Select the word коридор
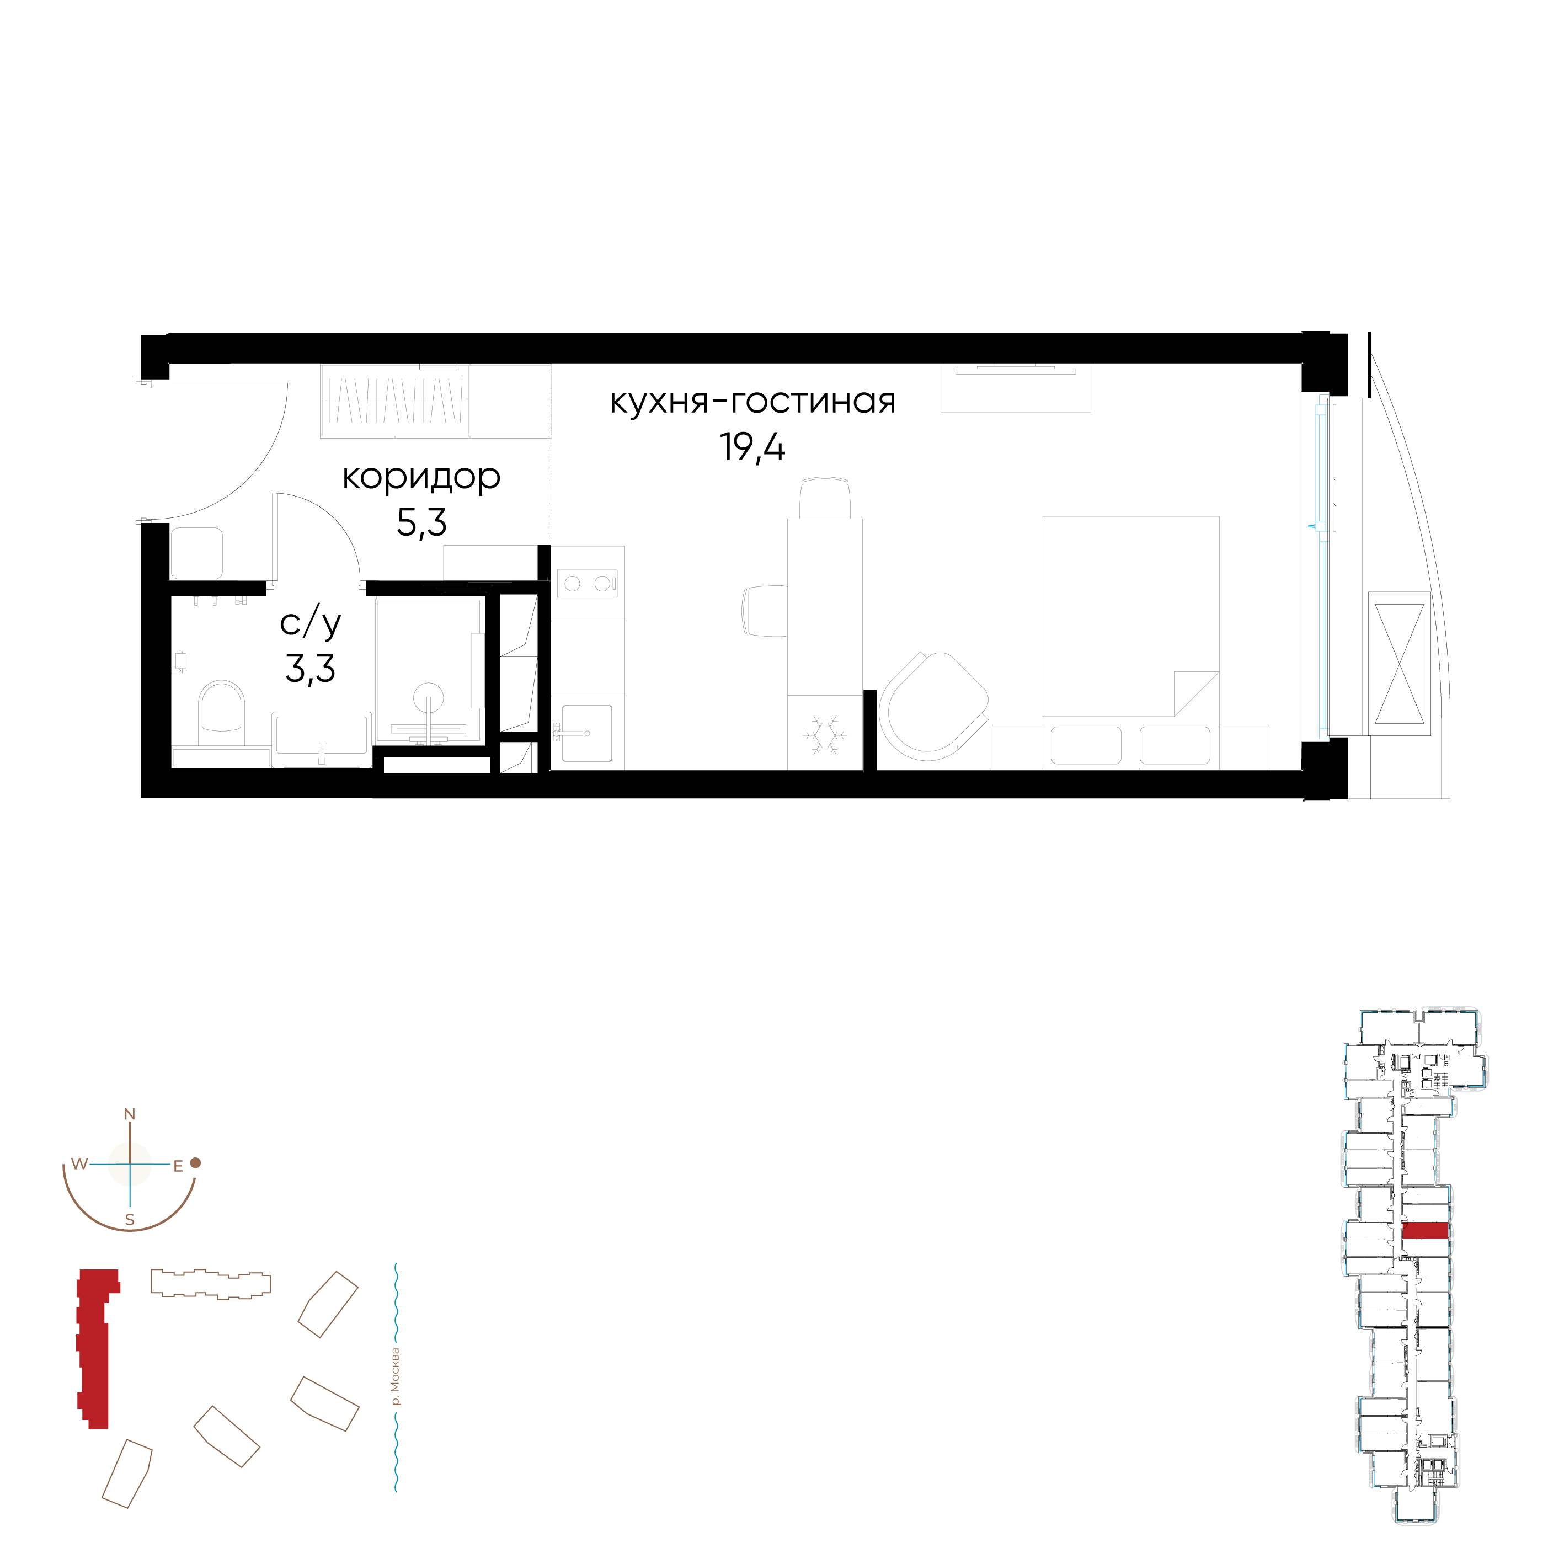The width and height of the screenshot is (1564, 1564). (x=421, y=478)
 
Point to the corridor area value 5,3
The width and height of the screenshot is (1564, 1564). (x=421, y=523)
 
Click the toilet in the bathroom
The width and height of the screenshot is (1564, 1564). (x=221, y=712)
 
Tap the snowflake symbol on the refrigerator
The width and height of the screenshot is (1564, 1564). (x=824, y=735)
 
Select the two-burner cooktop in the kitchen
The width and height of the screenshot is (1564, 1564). (x=587, y=583)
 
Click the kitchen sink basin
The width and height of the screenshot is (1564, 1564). (x=587, y=733)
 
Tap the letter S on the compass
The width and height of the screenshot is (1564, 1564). (x=130, y=1220)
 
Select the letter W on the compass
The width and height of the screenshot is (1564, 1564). (x=78, y=1164)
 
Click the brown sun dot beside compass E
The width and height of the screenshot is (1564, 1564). (x=195, y=1163)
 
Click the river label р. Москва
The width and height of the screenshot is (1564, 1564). (x=395, y=1376)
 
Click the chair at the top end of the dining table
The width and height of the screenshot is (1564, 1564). (x=825, y=497)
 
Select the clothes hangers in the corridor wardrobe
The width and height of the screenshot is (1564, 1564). (x=395, y=400)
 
